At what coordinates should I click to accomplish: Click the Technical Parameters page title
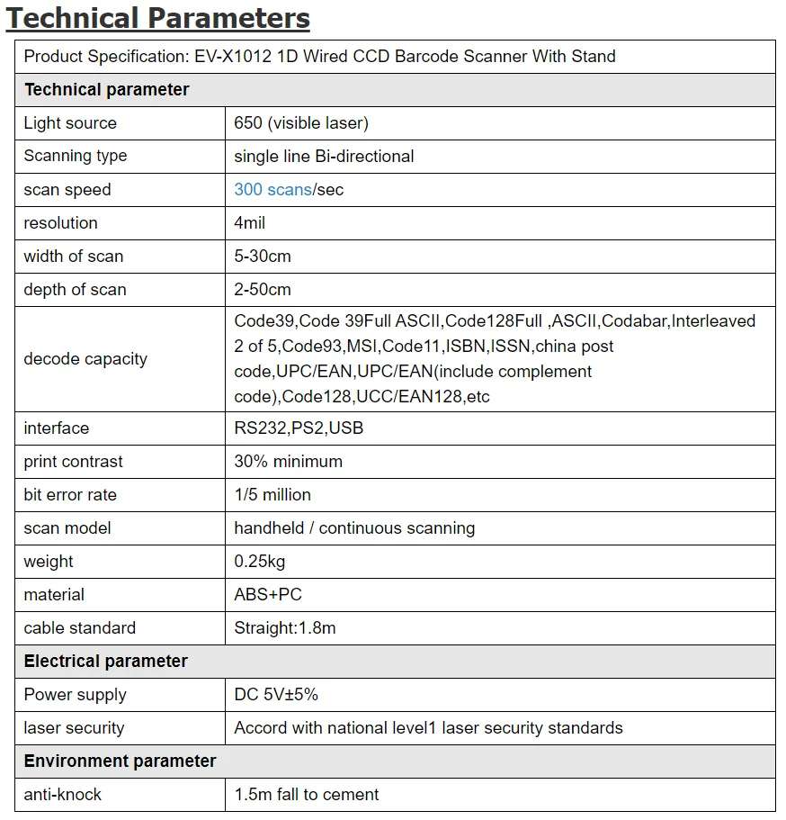158,18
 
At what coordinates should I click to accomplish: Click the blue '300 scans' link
272,190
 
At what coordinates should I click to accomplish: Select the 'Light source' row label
70,123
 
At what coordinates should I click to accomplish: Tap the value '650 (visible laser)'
301,123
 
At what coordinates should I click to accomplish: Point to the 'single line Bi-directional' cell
324,157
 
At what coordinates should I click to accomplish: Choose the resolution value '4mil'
250,223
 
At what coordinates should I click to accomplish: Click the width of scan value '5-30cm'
263,257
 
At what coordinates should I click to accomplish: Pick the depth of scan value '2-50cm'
263,290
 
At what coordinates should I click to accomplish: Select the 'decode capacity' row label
85,359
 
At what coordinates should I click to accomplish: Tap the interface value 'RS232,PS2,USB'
299,428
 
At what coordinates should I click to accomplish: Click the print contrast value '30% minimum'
288,462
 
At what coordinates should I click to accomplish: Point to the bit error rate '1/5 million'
272,495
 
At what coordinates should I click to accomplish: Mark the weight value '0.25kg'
261,562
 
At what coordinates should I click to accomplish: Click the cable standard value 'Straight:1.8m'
285,628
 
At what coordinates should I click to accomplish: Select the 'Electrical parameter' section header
105,662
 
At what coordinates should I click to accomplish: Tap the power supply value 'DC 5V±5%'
276,695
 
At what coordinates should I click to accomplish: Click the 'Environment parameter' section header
120,761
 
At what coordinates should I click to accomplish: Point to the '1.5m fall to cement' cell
307,795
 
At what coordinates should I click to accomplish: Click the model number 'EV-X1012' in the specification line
228,57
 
